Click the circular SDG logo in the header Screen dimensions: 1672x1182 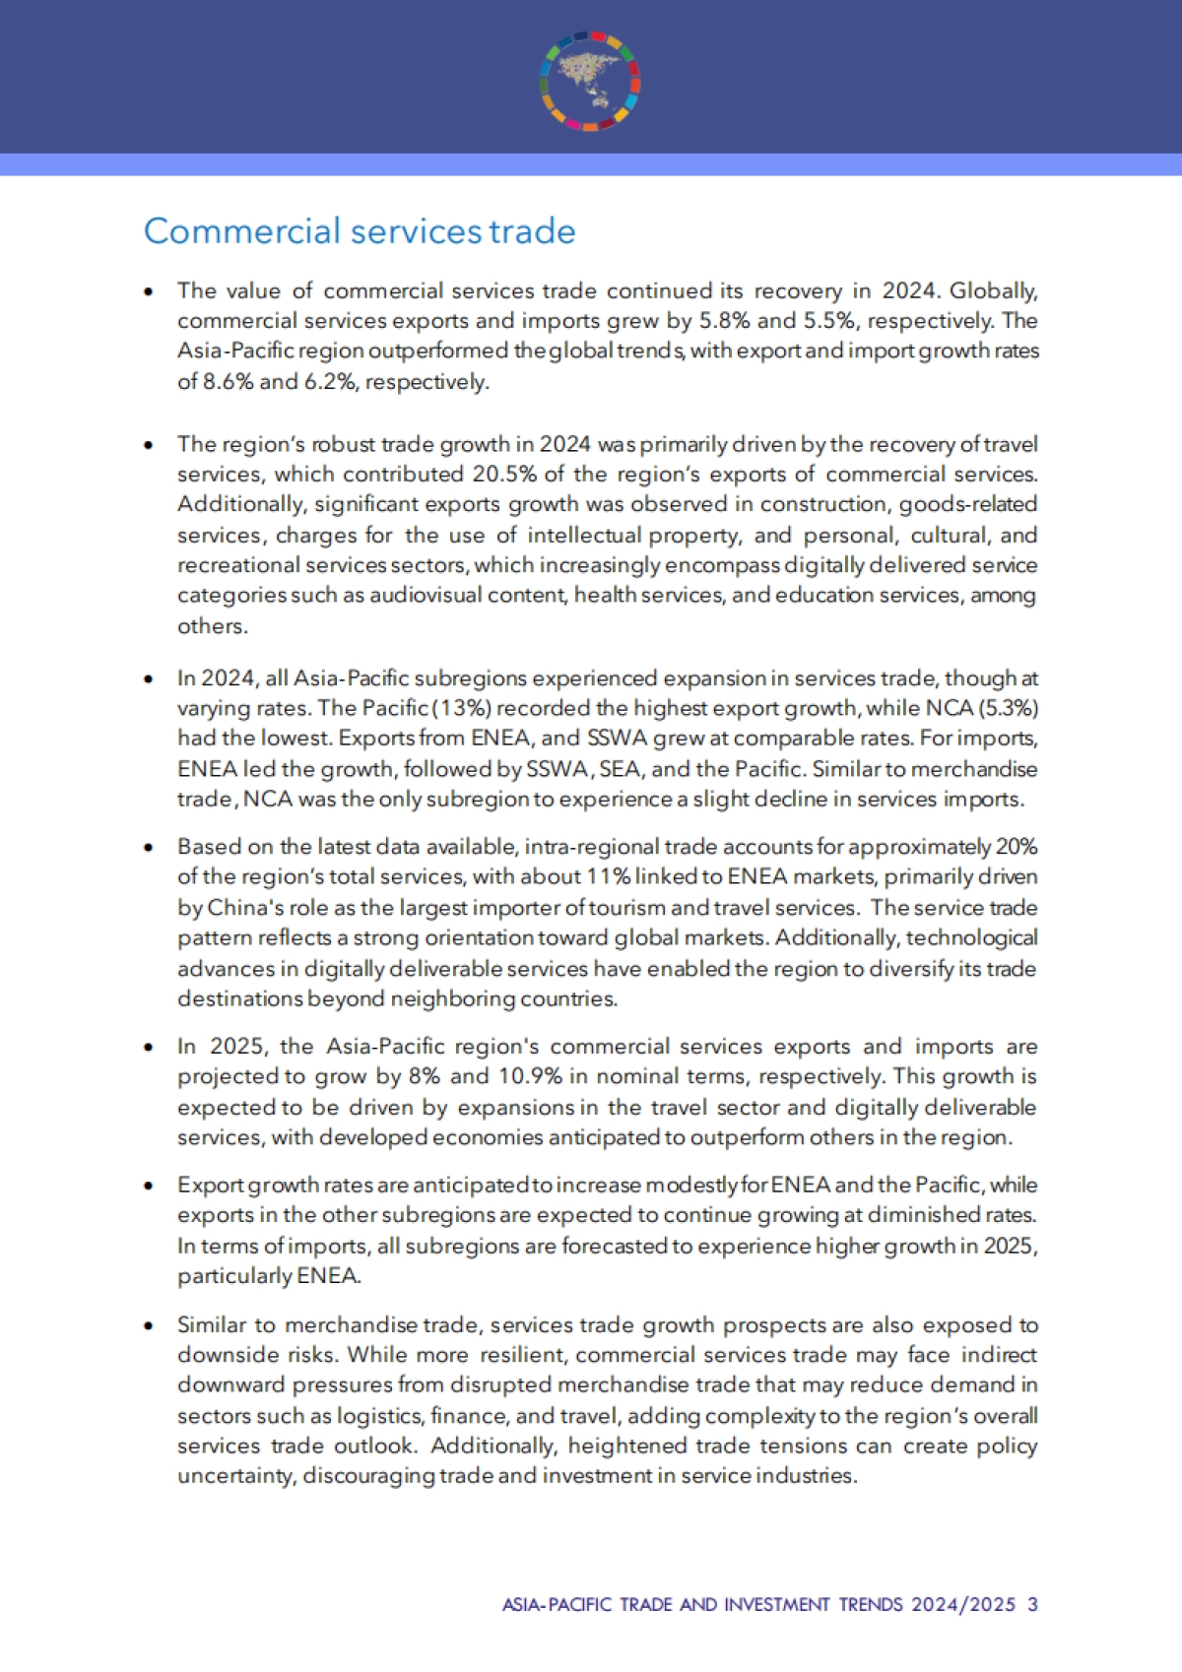tap(590, 81)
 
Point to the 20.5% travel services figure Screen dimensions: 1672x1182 tap(504, 475)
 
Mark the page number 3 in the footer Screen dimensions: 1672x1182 tap(1032, 1604)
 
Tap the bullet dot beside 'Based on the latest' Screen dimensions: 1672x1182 tap(149, 847)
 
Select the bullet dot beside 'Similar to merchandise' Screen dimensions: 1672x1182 tap(149, 1325)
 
